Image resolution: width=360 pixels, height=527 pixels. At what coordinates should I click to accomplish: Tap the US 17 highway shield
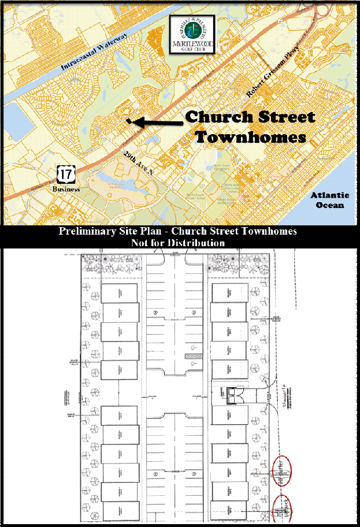65,174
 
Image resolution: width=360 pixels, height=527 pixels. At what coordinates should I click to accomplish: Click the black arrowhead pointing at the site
131,121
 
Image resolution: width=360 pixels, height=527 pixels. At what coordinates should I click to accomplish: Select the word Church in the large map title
222,117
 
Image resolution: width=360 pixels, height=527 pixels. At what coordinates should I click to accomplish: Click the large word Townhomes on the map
250,138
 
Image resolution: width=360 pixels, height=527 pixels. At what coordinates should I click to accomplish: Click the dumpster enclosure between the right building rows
235,395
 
